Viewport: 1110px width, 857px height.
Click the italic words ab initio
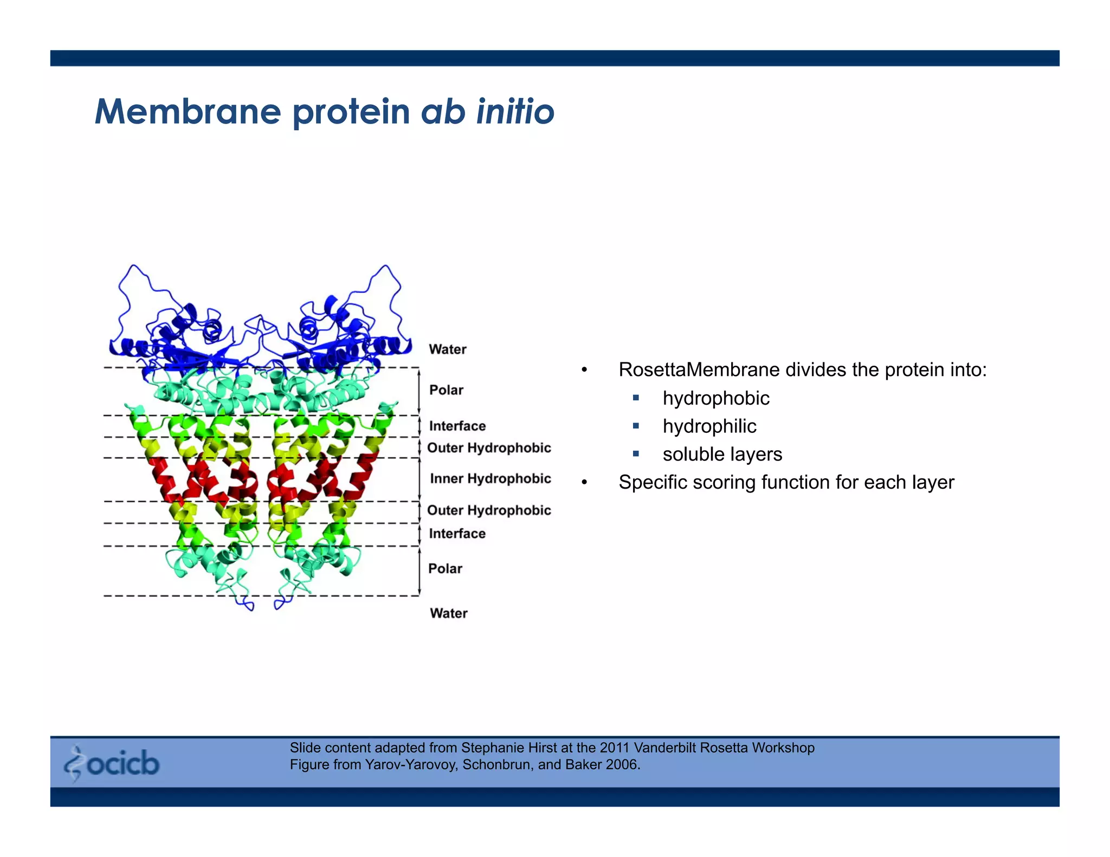(487, 112)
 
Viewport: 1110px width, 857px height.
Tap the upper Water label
(447, 349)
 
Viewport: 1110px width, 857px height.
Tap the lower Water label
(448, 613)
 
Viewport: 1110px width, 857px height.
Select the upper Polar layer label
(446, 390)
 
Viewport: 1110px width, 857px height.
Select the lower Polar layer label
(445, 569)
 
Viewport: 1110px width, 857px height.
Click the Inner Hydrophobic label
(490, 479)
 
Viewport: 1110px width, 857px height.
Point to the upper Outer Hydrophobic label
(489, 448)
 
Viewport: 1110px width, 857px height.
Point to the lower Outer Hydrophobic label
(489, 510)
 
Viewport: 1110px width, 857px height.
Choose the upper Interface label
(457, 426)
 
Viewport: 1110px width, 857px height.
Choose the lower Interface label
(457, 534)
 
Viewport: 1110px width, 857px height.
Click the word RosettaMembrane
(699, 370)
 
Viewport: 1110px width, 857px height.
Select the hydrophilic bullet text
(709, 426)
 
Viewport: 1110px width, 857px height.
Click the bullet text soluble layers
(722, 455)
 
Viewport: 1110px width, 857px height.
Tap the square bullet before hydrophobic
(636, 398)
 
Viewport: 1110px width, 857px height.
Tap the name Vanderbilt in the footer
(665, 748)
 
